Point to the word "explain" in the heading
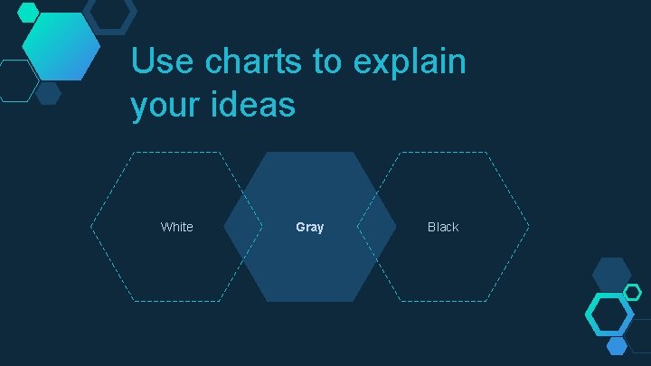click(410, 62)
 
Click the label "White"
click(176, 227)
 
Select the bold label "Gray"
click(309, 227)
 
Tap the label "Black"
click(443, 227)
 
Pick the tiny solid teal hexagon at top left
click(29, 12)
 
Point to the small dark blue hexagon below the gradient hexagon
click(48, 92)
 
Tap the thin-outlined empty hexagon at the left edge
click(16, 80)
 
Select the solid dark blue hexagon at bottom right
click(611, 275)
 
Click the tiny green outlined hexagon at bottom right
click(633, 292)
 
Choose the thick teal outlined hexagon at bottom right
click(609, 314)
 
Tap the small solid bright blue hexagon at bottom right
click(617, 345)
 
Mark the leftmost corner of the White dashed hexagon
click(91, 227)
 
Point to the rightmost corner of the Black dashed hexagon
click(529, 227)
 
